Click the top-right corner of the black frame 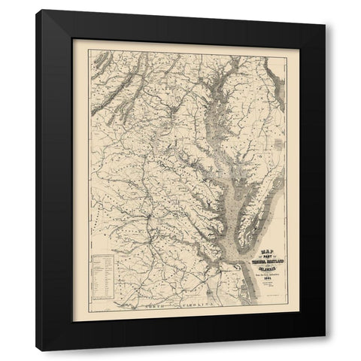click(325, 10)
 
